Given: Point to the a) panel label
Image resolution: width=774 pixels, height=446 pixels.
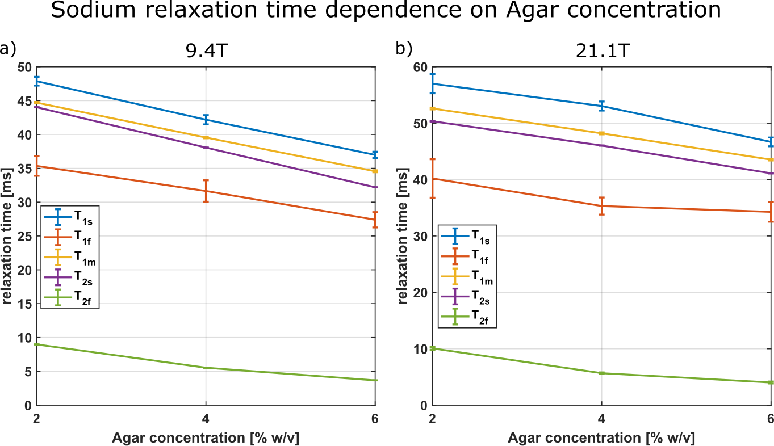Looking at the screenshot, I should click(9, 48).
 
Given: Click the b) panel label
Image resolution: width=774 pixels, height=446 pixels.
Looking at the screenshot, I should click(404, 48).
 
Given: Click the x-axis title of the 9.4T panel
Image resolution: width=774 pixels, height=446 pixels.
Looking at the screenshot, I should click(206, 437).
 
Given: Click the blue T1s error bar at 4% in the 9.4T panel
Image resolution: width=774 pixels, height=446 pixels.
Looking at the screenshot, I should click(206, 119).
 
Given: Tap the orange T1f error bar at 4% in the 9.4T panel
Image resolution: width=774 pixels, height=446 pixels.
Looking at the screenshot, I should click(206, 191).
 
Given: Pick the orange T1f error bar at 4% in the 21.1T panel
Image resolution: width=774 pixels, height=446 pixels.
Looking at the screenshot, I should click(601, 206).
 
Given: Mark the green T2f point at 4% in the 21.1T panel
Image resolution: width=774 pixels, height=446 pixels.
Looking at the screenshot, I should click(601, 373).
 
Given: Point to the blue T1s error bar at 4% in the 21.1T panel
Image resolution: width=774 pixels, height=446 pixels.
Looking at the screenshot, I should click(601, 106).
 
